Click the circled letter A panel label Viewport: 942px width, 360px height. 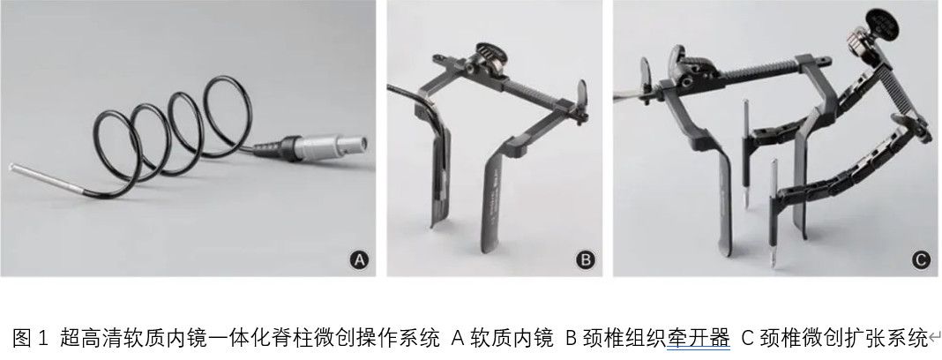pos(359,260)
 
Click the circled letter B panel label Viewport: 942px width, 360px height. pos(585,260)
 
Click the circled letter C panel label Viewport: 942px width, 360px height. pos(920,260)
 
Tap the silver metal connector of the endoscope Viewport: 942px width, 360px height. pos(332,146)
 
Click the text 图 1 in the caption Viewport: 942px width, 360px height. pos(29,338)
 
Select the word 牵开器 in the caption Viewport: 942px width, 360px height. pos(698,338)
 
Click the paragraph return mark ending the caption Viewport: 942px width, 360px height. pos(934,341)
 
